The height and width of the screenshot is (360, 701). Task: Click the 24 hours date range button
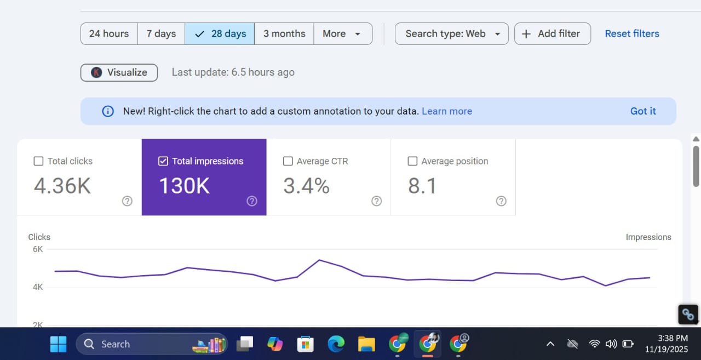(x=109, y=33)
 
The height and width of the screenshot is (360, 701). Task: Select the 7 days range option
(x=161, y=33)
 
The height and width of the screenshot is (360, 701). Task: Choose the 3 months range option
(x=284, y=33)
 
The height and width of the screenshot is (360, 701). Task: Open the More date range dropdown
(x=342, y=33)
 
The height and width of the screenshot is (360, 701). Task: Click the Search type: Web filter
(x=452, y=33)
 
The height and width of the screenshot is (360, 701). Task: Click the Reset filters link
(x=632, y=33)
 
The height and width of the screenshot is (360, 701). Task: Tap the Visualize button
(x=119, y=72)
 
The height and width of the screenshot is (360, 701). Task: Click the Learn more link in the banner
(x=447, y=111)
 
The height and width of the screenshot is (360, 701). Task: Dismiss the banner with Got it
(x=643, y=111)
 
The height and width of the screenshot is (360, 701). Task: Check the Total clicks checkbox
(x=38, y=161)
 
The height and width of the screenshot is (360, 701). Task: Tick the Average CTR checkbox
(x=288, y=161)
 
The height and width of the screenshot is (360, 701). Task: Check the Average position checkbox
(x=412, y=161)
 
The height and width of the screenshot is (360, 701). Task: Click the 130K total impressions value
(x=184, y=186)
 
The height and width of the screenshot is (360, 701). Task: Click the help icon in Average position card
(x=501, y=201)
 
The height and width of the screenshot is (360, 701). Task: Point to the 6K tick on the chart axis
(x=38, y=249)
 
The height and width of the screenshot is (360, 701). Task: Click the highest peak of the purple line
(x=319, y=260)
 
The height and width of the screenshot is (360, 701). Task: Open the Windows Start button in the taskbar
(x=58, y=344)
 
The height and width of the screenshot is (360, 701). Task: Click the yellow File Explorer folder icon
(x=366, y=344)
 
